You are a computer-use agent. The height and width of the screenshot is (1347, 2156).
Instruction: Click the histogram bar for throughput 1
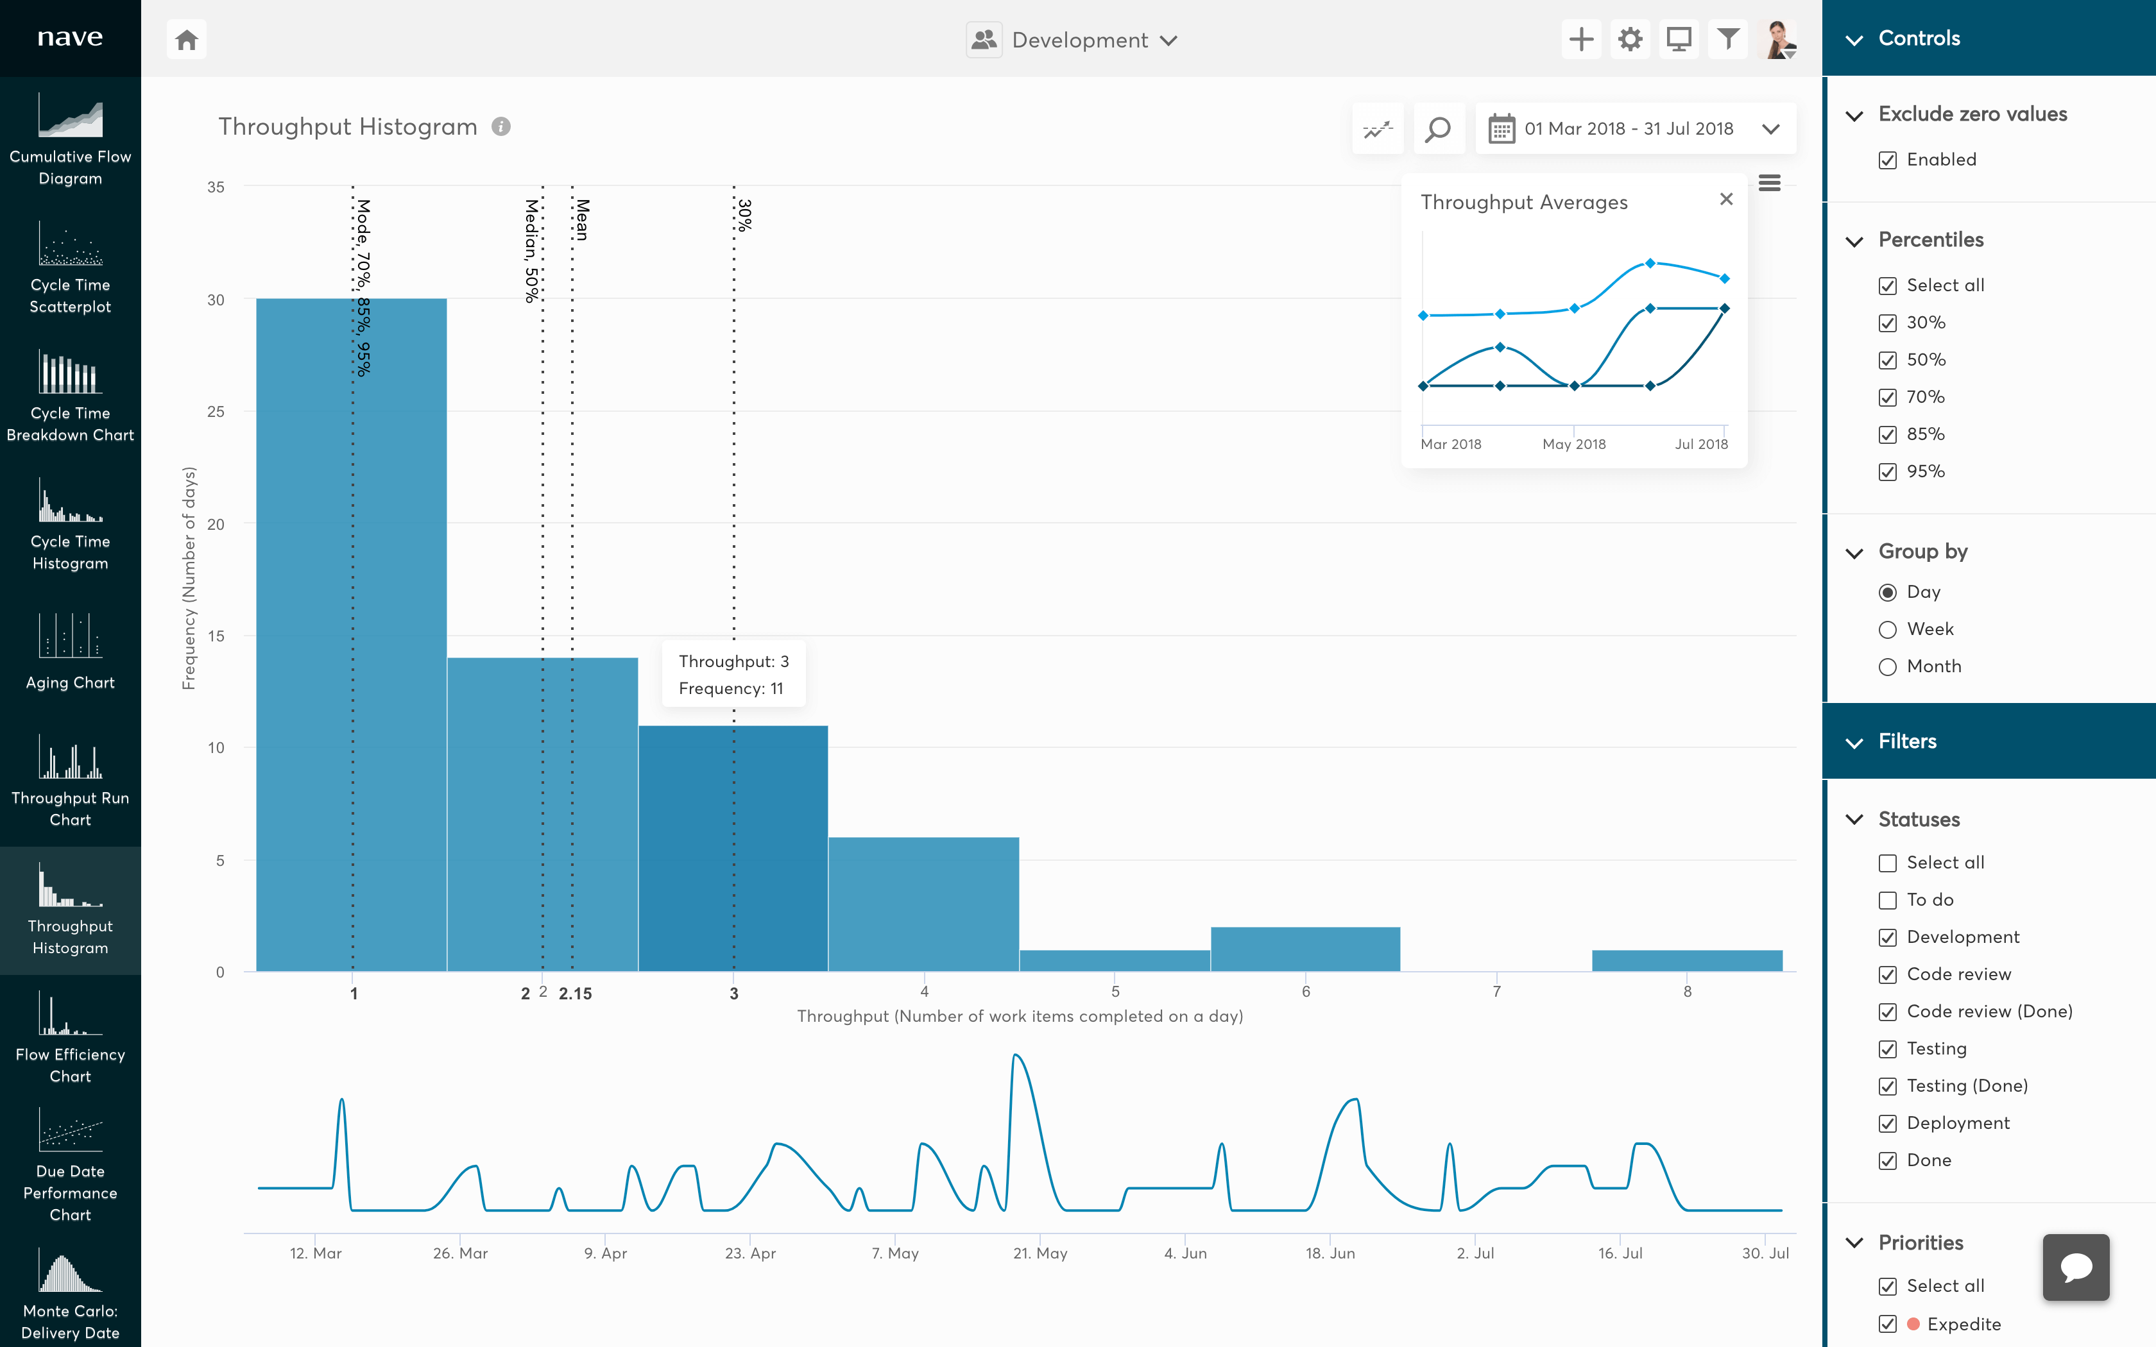(351, 634)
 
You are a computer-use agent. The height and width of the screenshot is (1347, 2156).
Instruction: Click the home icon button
(186, 40)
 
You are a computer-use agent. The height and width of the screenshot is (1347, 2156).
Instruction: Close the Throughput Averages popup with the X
(1725, 199)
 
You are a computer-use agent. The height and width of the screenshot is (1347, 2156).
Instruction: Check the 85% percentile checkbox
(1887, 435)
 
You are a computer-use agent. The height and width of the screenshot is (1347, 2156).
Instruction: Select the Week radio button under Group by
(1887, 630)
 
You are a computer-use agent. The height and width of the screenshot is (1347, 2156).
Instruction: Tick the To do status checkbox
(1887, 901)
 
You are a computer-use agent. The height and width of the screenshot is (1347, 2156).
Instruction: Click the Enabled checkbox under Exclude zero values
(1887, 160)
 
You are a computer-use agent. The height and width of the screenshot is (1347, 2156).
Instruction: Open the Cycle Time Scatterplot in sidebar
(71, 267)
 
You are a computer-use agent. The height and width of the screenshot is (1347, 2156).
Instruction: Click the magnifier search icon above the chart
(1438, 129)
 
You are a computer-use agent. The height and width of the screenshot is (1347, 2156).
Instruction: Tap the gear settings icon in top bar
(1629, 40)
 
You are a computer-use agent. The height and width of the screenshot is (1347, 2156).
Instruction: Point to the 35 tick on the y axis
(216, 187)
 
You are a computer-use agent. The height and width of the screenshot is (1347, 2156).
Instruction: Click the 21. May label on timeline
(1039, 1253)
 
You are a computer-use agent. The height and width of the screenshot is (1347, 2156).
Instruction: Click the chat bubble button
(2075, 1267)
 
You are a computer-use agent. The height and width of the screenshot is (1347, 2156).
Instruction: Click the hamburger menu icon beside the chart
(1769, 183)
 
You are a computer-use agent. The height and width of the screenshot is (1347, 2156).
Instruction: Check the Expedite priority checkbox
(1887, 1324)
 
